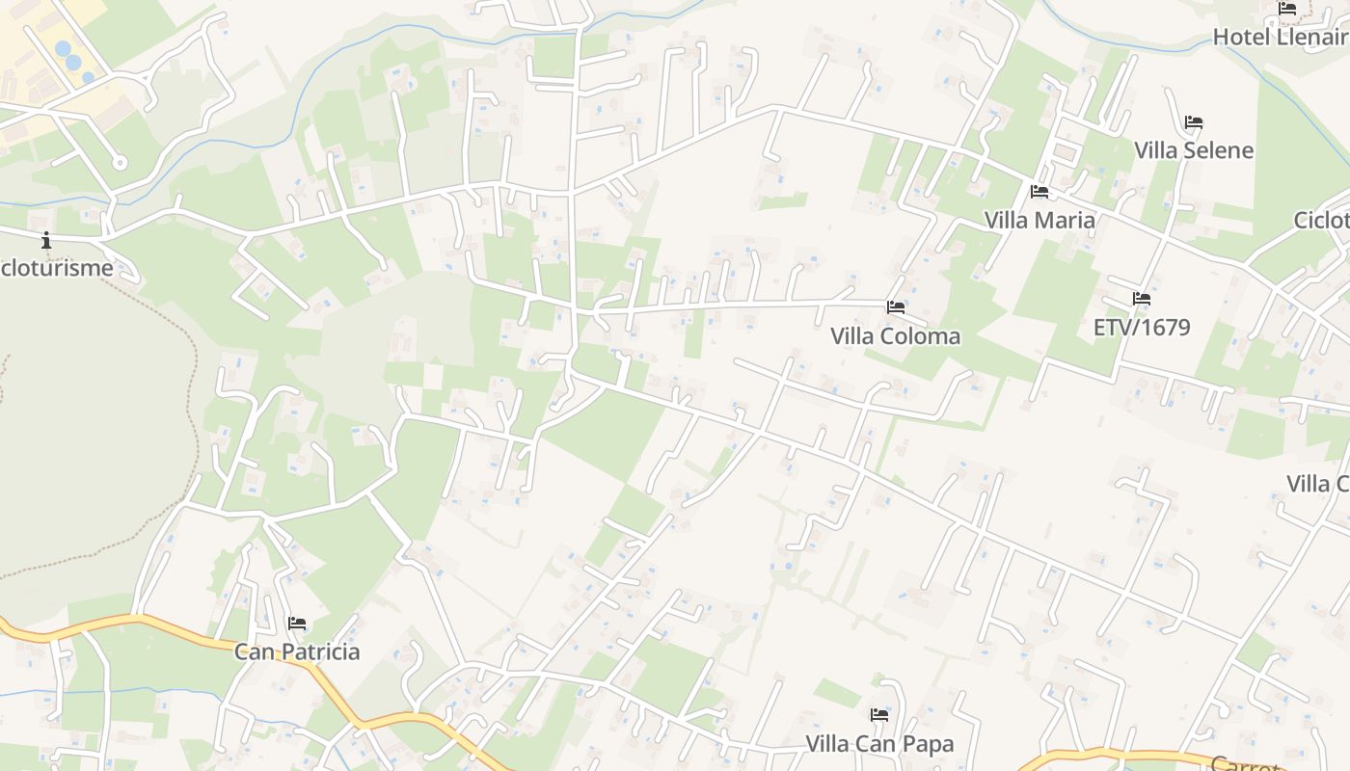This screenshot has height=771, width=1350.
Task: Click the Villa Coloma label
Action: [x=896, y=336]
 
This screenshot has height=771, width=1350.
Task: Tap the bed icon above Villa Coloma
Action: [x=896, y=307]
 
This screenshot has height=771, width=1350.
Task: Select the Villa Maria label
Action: [x=1039, y=221]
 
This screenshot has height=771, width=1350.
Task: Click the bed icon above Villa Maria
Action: [x=1039, y=192]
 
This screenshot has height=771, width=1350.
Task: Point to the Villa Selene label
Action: [x=1194, y=150]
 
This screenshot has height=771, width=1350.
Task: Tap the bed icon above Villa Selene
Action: [x=1194, y=122]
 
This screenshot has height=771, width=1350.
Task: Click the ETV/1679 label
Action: [x=1142, y=328]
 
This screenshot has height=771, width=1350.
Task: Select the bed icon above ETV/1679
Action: [x=1142, y=299]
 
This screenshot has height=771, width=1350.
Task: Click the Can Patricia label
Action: [x=297, y=652]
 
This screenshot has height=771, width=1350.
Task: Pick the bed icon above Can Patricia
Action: [x=297, y=624]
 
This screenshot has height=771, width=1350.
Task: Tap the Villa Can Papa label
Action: [x=879, y=744]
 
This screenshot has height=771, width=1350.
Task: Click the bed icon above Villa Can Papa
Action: [x=879, y=715]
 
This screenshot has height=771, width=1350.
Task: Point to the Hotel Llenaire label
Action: [x=1281, y=38]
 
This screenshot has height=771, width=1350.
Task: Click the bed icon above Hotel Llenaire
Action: [x=1287, y=9]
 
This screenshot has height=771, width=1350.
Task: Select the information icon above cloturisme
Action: [x=45, y=240]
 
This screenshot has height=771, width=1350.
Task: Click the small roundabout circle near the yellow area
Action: [x=120, y=162]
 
